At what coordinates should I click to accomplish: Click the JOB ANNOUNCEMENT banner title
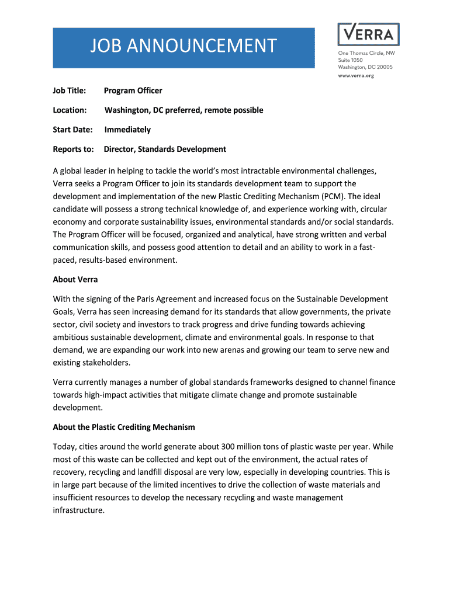click(183, 46)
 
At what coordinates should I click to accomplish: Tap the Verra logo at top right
click(368, 34)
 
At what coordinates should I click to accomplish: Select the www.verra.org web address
click(356, 76)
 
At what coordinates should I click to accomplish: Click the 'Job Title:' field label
click(70, 91)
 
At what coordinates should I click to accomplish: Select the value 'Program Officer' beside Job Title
click(133, 91)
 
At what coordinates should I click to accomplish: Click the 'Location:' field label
click(70, 110)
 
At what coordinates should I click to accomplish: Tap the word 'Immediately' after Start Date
click(127, 130)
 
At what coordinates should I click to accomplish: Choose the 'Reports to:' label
click(74, 149)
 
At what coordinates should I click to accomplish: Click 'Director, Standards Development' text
click(165, 149)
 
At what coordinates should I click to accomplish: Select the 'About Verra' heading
click(76, 279)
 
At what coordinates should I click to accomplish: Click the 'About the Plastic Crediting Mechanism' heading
click(124, 427)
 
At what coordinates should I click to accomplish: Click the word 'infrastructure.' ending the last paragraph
click(79, 510)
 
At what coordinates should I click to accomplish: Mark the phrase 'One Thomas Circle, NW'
click(366, 53)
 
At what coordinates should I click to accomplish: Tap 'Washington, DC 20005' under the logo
click(365, 67)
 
